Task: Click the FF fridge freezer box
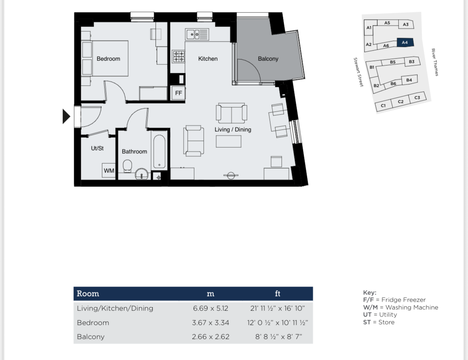tap(178, 94)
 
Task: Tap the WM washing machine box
tap(109, 170)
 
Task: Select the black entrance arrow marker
tap(66, 116)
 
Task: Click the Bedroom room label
tap(108, 59)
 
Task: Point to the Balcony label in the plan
tap(268, 59)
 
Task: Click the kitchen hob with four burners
tap(178, 56)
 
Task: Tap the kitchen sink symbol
tap(197, 34)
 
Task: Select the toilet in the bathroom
tap(128, 166)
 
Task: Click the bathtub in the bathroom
tap(158, 152)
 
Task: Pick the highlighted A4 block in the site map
tap(405, 42)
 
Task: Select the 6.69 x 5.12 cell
tap(210, 308)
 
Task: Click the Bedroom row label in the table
tap(93, 322)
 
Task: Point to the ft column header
tap(278, 294)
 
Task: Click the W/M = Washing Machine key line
tap(400, 307)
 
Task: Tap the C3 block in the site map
tap(417, 98)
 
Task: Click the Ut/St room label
tap(97, 148)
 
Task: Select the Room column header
tap(88, 294)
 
